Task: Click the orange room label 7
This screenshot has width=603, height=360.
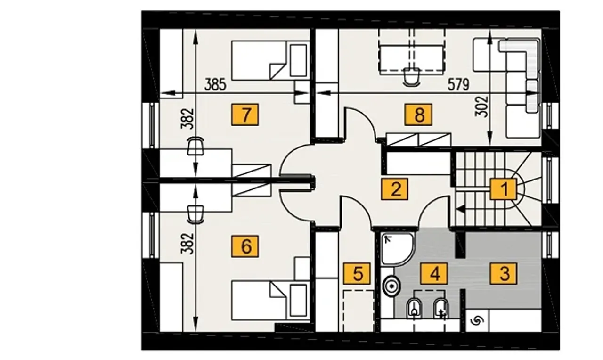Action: (x=244, y=115)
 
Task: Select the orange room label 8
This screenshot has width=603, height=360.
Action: (x=419, y=115)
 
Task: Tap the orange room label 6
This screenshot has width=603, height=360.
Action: (x=244, y=246)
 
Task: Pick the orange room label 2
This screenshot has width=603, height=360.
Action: (x=395, y=189)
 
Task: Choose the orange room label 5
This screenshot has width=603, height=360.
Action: (x=357, y=274)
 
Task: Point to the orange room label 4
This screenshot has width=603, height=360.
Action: (x=434, y=274)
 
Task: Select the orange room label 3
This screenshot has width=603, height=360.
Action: (x=504, y=274)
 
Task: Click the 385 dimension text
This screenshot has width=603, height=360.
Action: (x=215, y=84)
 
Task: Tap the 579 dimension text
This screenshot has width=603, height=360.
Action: (x=458, y=84)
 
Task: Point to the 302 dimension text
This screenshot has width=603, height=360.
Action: (x=481, y=106)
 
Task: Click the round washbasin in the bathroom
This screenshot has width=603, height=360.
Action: (x=392, y=286)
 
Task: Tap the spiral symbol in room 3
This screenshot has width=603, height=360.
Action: (x=477, y=321)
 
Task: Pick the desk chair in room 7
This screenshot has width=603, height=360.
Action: (x=196, y=146)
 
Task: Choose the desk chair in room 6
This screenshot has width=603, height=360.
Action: (x=196, y=214)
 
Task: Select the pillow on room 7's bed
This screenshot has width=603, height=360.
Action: (x=298, y=61)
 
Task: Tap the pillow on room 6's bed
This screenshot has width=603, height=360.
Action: (x=298, y=301)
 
